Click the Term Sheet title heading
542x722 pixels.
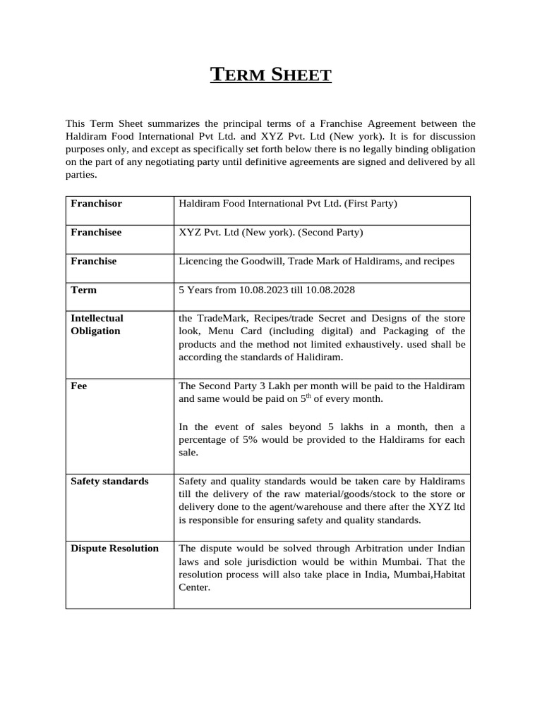pos(271,74)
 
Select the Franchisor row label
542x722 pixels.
pos(96,204)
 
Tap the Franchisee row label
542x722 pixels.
pos(96,232)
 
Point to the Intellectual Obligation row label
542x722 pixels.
pos(97,324)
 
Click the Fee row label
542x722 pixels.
pos(79,386)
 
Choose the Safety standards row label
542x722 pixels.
pos(109,482)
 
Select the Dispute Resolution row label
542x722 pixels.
pos(114,549)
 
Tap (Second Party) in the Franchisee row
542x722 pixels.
pos(330,232)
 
